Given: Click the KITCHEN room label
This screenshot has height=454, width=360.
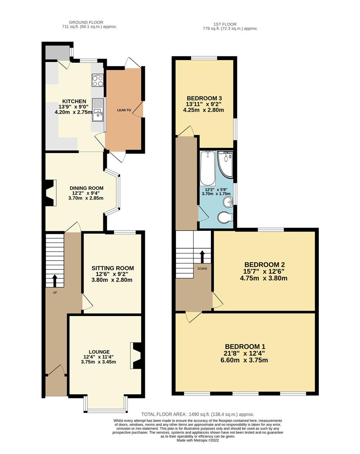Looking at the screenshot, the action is [74, 101].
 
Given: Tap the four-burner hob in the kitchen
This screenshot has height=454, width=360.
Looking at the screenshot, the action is [97, 80].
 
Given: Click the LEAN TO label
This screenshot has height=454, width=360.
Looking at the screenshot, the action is [124, 110].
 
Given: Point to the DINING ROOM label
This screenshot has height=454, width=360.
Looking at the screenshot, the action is [87, 188].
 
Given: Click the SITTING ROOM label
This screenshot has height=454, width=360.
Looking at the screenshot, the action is [113, 268].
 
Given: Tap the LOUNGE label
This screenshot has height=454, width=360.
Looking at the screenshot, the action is [99, 352].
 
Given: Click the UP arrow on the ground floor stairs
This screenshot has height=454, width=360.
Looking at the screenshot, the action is [55, 280].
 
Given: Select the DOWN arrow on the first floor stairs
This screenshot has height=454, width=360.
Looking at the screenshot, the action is [202, 256].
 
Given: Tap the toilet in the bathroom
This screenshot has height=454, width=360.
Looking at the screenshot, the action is [226, 218].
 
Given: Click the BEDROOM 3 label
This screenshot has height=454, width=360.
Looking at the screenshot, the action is [204, 98].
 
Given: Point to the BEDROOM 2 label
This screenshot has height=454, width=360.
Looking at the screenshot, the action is [265, 265].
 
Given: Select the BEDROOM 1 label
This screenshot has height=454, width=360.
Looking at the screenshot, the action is [245, 346].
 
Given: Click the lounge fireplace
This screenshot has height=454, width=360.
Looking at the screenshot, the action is [136, 356].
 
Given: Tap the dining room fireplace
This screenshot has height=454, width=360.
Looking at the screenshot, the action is [50, 193].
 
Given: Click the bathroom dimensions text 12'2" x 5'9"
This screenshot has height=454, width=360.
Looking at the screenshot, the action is [216, 190].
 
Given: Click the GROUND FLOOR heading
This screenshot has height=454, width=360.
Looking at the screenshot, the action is [86, 22].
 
